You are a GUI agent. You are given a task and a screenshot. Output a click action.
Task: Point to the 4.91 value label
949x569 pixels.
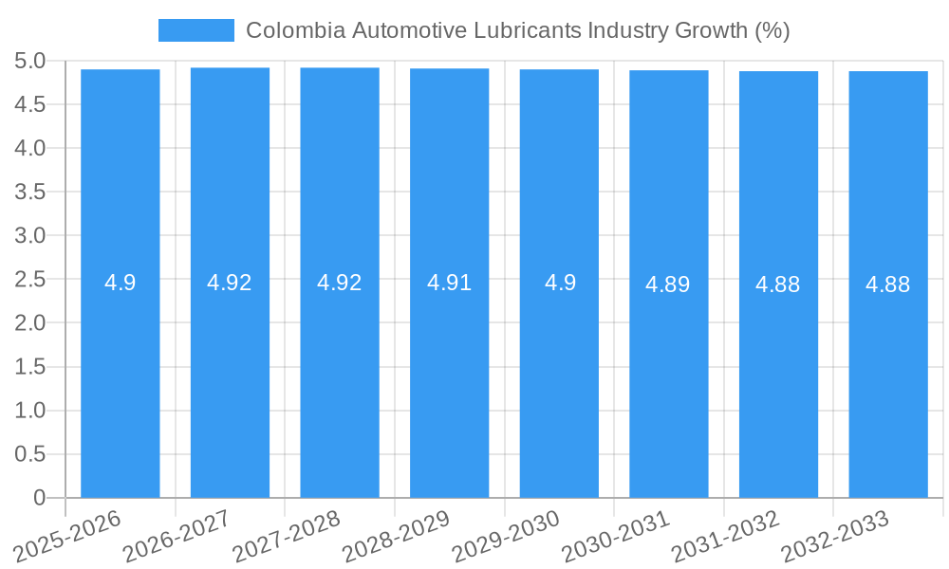coord(450,283)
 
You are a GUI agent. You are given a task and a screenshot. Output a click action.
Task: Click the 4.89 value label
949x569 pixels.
coord(668,284)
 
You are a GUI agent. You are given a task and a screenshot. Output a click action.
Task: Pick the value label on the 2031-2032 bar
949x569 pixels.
coord(778,284)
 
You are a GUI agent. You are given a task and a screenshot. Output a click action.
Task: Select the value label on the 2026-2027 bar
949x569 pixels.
coord(230,283)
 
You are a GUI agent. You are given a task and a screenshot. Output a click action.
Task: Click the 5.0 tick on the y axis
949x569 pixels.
coord(30,62)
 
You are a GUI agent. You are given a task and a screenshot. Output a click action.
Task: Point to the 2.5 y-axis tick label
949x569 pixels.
coord(30,280)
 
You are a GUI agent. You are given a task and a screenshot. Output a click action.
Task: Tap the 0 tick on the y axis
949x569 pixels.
coord(39,498)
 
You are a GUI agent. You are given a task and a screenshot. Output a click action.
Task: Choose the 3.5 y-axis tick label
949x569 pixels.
coord(30,193)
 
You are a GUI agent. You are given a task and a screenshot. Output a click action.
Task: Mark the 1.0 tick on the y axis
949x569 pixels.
coord(30,411)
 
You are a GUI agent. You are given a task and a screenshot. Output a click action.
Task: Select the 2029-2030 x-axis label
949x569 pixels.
coord(506,536)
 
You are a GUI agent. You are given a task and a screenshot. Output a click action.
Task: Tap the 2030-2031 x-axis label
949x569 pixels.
coord(616,536)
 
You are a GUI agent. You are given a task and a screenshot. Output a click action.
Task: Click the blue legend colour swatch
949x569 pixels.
coord(196,30)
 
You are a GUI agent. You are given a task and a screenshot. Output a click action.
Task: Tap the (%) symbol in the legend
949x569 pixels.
coord(772,30)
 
